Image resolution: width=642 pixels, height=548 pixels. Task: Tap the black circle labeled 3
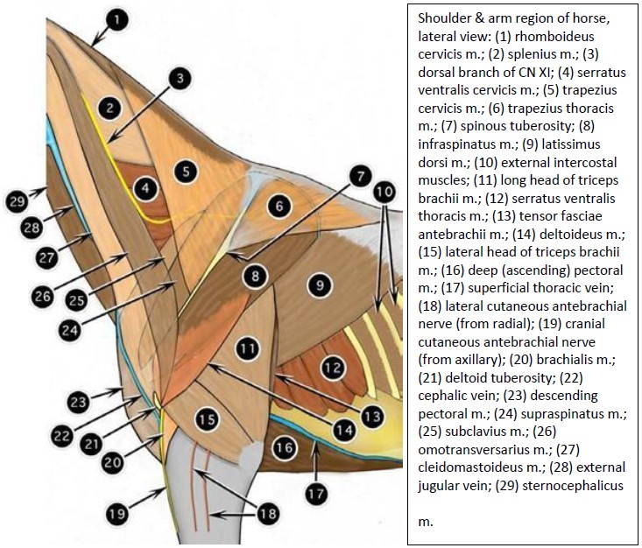179,80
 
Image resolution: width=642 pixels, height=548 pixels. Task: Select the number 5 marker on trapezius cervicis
184,171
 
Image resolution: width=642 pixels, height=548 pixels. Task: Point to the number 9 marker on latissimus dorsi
321,285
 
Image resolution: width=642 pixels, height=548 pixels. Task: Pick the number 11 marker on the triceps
248,348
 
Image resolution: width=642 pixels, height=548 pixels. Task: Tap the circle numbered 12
331,369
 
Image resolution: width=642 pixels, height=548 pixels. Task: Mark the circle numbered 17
315,492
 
